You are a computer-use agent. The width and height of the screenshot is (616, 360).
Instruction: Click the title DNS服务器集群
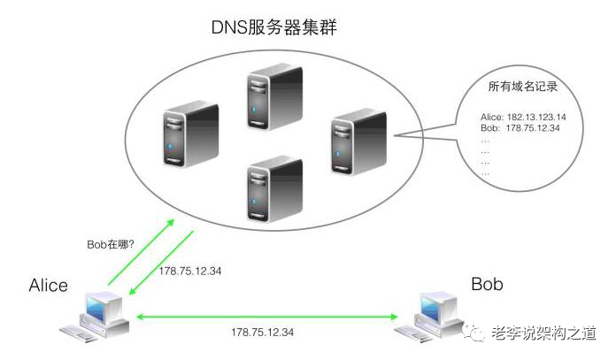273,28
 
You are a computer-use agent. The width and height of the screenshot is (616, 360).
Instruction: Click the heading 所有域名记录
522,88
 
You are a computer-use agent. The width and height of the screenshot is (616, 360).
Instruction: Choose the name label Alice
48,285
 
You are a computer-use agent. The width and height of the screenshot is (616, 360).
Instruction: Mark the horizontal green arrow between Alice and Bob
263,316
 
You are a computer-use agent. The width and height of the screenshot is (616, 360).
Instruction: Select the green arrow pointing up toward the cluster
141,253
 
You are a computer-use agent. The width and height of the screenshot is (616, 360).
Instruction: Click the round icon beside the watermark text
478,332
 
